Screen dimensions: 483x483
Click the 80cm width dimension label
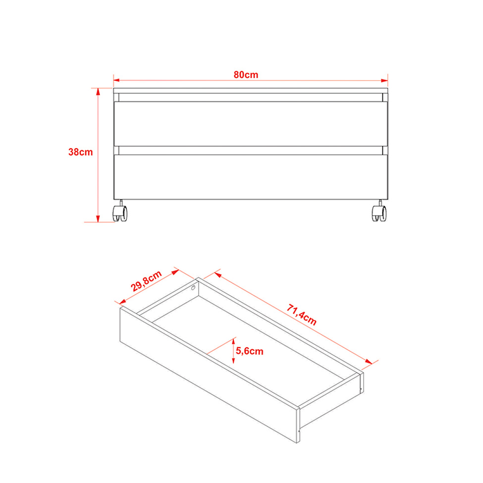point(246,75)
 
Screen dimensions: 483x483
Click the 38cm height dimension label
point(80,152)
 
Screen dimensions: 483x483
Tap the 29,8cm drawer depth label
point(146,281)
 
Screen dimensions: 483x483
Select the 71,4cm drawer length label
point(302,315)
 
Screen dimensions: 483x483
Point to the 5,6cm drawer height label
point(250,351)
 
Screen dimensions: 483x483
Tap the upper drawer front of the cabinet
point(251,124)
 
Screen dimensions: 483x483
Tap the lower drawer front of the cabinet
point(251,177)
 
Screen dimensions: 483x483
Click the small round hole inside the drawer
point(193,288)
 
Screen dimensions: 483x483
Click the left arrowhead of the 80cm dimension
point(116,80)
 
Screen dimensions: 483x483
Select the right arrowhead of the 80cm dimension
point(384,81)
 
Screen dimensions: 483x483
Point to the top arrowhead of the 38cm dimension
point(98,92)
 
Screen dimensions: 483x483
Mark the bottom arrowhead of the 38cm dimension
point(98,218)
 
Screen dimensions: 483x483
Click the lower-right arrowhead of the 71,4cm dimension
point(369,361)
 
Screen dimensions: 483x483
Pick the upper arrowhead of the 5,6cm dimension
point(233,341)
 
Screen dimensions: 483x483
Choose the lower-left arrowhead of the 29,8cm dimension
point(122,301)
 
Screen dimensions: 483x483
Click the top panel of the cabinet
point(251,91)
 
